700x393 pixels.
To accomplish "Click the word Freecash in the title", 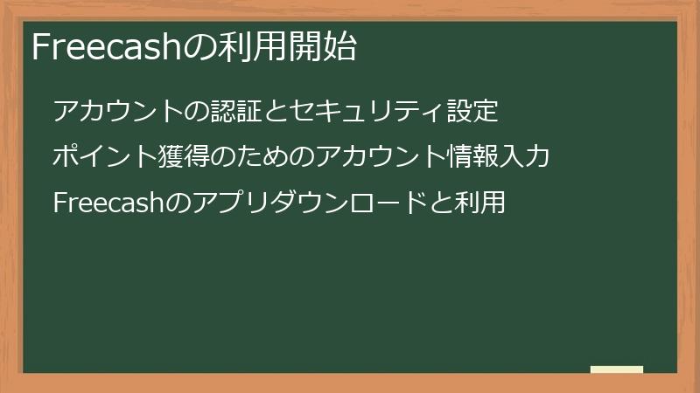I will click(x=104, y=47).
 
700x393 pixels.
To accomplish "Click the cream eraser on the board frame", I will click(x=616, y=369).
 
